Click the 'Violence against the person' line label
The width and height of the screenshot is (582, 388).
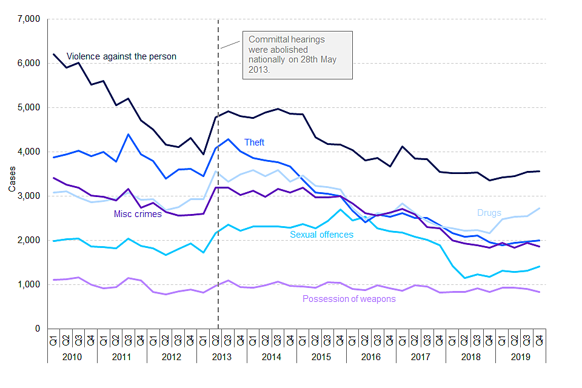pos(121,56)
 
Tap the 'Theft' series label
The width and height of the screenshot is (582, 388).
pos(255,142)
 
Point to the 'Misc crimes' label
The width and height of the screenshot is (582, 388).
pos(138,214)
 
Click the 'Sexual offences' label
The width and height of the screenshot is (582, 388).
pos(321,234)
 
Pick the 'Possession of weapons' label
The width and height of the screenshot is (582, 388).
pos(349,299)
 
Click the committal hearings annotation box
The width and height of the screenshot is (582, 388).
pos(297,55)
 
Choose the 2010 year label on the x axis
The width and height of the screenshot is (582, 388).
pos(72,356)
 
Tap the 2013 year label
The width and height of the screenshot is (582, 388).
pos(221,356)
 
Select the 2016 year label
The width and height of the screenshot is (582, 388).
pos(370,356)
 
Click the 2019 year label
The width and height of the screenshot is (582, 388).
pos(520,356)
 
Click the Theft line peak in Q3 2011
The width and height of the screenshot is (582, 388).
pos(129,135)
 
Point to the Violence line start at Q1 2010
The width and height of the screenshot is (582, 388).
pos(54,55)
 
